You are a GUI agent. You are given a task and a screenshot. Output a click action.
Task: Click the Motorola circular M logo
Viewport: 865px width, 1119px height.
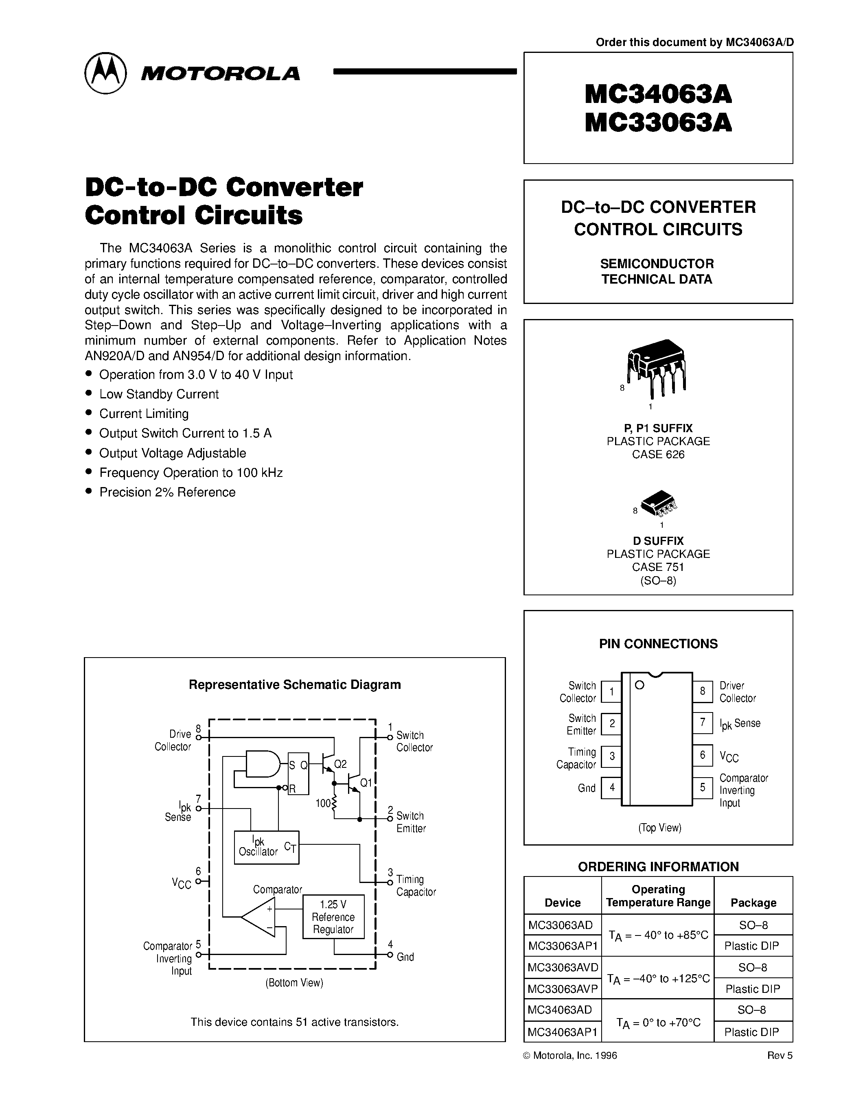105,73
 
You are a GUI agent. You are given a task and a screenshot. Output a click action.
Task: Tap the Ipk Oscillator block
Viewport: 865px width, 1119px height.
266,847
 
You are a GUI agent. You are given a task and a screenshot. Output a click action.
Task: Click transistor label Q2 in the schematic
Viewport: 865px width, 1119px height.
340,765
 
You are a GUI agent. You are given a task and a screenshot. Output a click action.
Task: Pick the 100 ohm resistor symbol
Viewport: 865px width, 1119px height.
334,803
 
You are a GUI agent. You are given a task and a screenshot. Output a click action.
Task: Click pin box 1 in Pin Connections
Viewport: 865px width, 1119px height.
611,692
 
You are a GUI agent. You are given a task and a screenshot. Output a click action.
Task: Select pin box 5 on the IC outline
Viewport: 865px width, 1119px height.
703,787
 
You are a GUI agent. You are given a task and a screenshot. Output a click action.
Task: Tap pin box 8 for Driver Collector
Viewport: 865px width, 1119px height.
703,691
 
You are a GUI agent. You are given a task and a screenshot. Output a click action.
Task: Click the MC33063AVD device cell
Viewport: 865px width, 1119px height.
562,967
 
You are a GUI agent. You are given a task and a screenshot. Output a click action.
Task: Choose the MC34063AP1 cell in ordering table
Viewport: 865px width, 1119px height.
562,1032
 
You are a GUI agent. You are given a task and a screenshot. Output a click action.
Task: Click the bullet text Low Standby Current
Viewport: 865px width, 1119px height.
159,394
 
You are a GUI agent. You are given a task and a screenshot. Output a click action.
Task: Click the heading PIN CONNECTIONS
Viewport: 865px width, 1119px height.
658,644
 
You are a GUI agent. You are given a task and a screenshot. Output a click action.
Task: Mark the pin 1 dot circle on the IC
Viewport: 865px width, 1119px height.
639,685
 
